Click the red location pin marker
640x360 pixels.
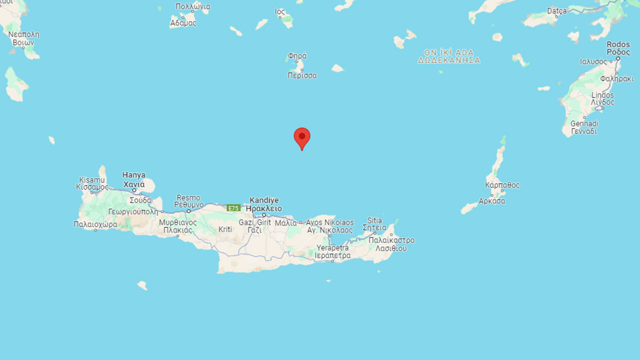coord(302,138)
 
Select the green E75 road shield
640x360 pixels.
coord(233,208)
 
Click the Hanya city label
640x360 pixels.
coord(134,174)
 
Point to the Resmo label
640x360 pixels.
coord(188,197)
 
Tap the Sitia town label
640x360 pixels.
coord(374,220)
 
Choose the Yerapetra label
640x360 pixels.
coord(332,248)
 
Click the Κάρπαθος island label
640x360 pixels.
coord(502,185)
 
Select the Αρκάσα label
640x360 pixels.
coord(492,201)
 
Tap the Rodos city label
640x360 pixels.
coord(618,45)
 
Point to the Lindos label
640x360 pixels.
coord(603,95)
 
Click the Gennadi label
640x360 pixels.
coord(583,123)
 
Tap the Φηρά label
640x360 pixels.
coord(297,55)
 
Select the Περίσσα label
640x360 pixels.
coord(302,75)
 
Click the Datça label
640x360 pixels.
coord(558,11)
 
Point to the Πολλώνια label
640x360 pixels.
coord(193,6)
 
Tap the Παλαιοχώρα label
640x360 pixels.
coord(95,225)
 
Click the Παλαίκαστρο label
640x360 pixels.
coord(391,241)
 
